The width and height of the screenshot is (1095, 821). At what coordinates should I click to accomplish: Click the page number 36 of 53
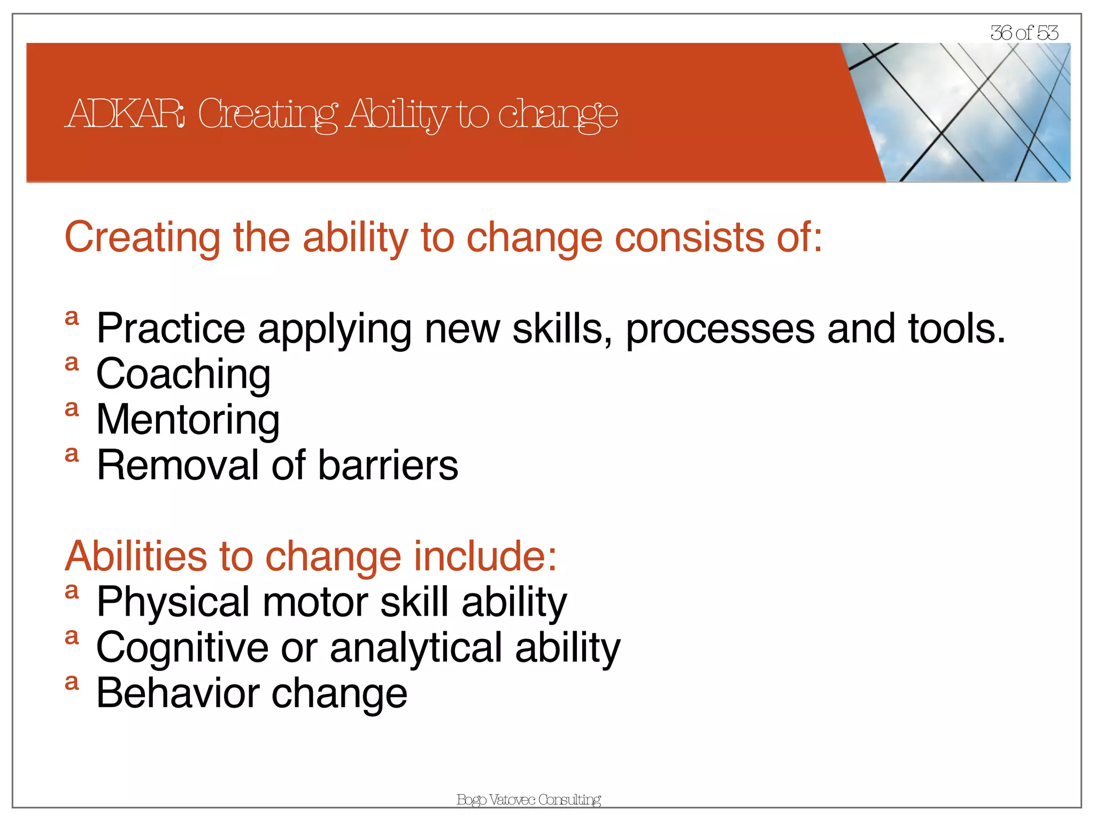click(x=1023, y=33)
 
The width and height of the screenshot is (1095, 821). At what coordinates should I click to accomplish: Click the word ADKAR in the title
click(x=126, y=114)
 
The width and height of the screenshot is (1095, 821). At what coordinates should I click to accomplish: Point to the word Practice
click(x=171, y=329)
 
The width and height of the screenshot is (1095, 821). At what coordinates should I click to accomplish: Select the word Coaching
click(x=183, y=375)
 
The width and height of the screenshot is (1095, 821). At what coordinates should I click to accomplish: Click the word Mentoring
click(x=188, y=420)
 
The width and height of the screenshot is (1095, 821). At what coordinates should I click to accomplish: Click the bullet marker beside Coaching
click(x=72, y=363)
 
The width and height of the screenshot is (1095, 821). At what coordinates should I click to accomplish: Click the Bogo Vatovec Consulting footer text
click(x=528, y=800)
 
